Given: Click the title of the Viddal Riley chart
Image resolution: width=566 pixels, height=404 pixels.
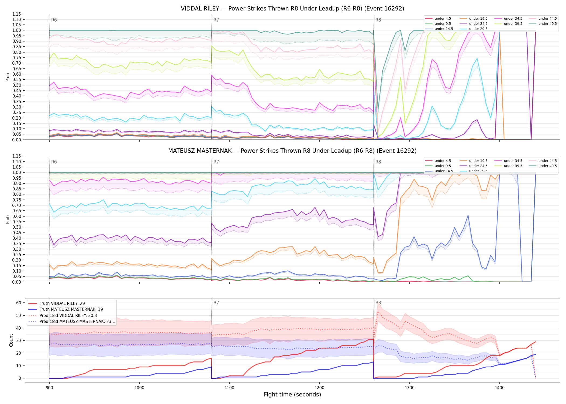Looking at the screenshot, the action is (x=292, y=9).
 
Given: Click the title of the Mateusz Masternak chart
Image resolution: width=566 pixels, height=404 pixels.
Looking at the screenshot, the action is (x=292, y=151).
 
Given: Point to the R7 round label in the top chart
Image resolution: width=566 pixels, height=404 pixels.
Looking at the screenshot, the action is (x=216, y=20).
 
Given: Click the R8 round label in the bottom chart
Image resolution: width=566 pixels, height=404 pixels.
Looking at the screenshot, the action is (x=378, y=303).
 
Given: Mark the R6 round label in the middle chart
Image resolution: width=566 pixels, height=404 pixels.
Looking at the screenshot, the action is (x=54, y=162).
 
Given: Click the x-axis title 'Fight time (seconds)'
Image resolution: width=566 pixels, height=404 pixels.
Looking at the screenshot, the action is (x=292, y=395).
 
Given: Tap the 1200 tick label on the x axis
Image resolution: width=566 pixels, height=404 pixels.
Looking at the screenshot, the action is (x=319, y=388).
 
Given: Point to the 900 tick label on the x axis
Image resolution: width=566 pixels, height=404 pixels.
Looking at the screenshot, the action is (x=49, y=388).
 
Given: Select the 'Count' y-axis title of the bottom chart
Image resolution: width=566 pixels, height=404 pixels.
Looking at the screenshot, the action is (x=11, y=340).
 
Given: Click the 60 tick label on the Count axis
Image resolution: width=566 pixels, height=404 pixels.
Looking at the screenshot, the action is (x=19, y=303).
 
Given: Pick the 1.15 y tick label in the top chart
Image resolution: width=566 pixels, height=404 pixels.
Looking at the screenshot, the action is (x=17, y=14).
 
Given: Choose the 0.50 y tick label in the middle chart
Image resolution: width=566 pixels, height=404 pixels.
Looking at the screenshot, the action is (x=17, y=227).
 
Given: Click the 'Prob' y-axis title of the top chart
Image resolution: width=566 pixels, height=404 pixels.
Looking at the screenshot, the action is (x=8, y=77).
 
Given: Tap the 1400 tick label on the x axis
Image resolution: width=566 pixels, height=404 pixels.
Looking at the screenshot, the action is (x=500, y=388).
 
